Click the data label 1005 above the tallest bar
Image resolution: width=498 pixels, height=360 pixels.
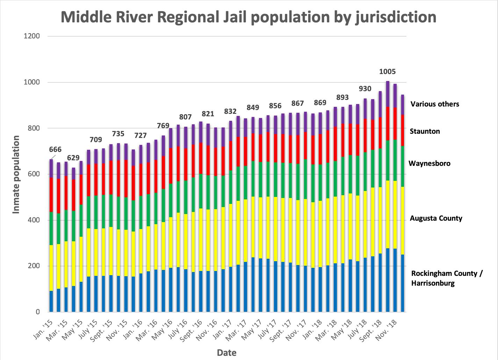[x=387, y=72]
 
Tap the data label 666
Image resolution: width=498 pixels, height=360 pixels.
[x=55, y=149]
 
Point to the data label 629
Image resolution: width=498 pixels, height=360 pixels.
[x=73, y=158]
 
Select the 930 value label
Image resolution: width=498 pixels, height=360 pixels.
[x=365, y=89]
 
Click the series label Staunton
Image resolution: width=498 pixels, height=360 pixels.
[x=425, y=131]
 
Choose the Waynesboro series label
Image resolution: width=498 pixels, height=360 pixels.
[x=429, y=163]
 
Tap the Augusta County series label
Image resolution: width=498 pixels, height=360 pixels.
[x=436, y=218]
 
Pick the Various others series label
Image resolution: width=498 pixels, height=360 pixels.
[x=434, y=104]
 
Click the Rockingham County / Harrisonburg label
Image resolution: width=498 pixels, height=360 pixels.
[x=446, y=278]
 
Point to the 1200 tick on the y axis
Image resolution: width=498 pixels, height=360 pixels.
[x=32, y=36]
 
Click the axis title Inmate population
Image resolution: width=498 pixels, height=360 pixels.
[x=16, y=175]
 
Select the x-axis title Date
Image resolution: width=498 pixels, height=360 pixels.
[x=226, y=353]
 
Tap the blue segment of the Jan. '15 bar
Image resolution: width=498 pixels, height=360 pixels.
[x=51, y=301]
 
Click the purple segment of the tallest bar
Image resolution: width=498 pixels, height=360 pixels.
[x=388, y=94]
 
